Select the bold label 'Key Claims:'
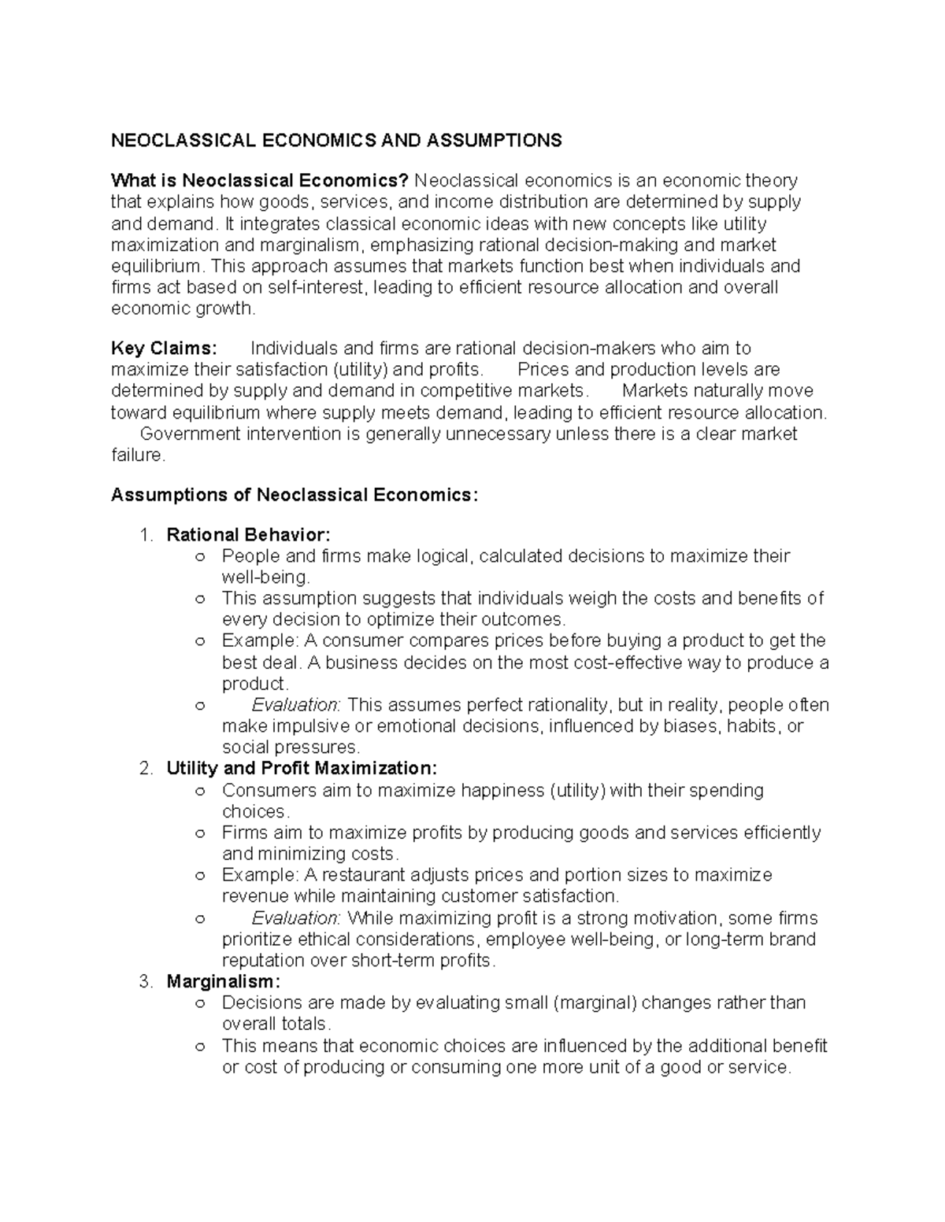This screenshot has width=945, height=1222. click(163, 349)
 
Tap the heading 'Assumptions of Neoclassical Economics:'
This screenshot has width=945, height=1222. click(295, 495)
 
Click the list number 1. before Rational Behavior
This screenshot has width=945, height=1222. click(146, 536)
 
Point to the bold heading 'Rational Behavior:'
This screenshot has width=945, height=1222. click(248, 536)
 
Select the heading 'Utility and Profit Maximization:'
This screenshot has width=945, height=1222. click(302, 769)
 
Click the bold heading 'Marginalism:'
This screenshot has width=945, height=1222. click(223, 982)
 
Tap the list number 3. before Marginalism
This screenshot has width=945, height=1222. click(146, 982)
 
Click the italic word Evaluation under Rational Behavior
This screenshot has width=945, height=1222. click(295, 705)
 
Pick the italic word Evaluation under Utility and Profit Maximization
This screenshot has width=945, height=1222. click(295, 918)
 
